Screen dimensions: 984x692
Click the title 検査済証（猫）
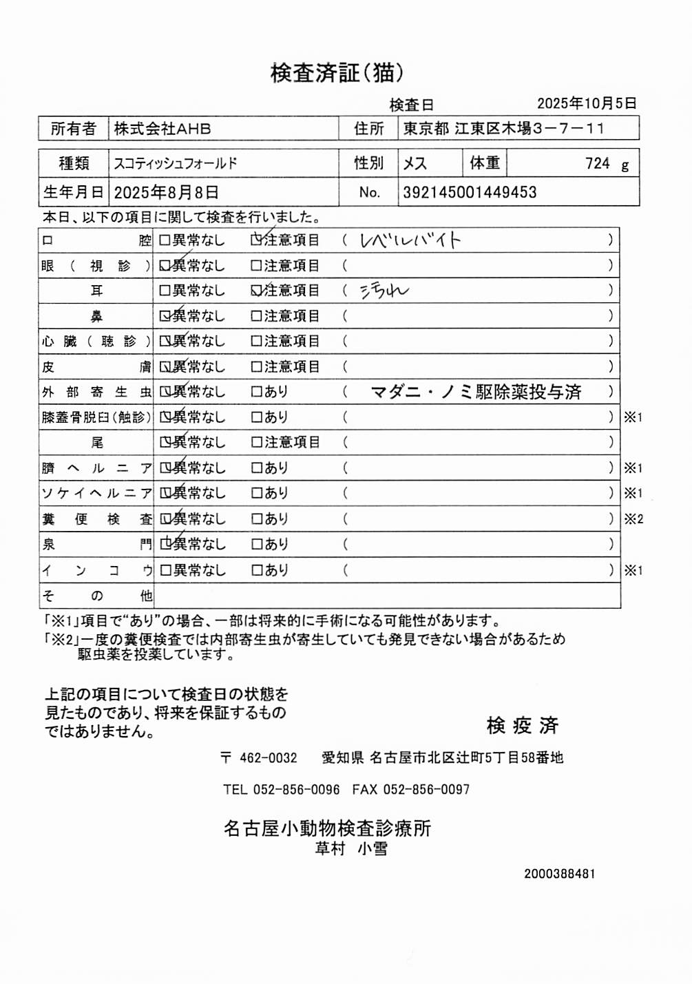point(337,73)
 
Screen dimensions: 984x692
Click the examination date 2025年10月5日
point(587,103)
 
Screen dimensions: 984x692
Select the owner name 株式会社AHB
point(162,129)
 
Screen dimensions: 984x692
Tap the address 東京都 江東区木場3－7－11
point(503,129)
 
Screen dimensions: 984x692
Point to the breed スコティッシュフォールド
point(176,164)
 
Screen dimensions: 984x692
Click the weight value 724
point(597,164)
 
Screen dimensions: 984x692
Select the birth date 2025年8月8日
point(166,192)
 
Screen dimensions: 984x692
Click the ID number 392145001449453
point(470,192)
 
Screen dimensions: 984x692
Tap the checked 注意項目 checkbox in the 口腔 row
point(256,240)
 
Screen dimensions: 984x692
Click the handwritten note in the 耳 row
point(384,291)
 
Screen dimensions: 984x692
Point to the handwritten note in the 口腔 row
point(410,240)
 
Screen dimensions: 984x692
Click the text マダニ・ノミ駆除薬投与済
point(476,392)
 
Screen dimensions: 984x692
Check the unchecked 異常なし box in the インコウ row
point(165,570)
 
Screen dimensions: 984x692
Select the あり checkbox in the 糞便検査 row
point(256,519)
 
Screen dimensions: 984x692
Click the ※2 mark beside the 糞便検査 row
point(633,519)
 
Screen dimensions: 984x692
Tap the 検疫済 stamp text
point(522,725)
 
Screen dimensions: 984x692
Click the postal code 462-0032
point(268,758)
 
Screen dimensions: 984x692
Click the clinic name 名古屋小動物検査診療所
point(327,828)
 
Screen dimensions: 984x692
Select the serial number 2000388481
point(559,874)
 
